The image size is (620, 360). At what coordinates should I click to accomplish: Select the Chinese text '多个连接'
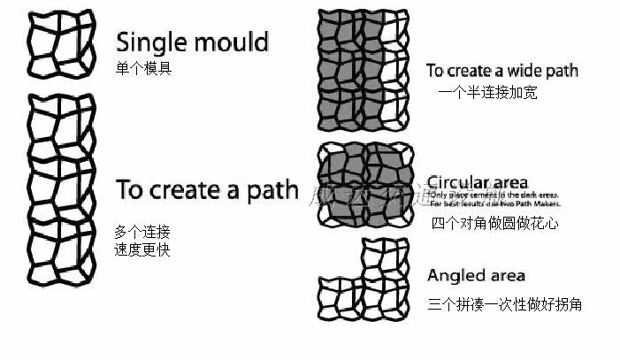pos(142,232)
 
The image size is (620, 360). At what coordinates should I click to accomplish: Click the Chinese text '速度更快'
pos(142,249)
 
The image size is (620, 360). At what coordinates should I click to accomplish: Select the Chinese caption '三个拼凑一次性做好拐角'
pos(504,304)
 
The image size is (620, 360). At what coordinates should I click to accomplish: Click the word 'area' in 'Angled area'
pos(508,276)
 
